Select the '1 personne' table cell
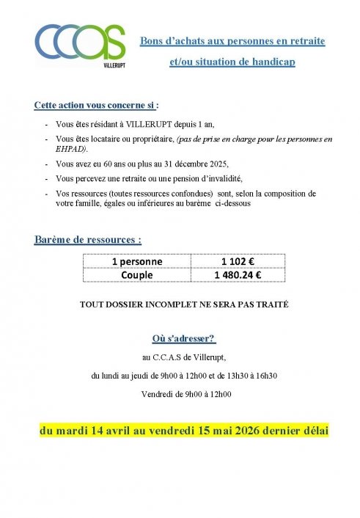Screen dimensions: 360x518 point(137,261)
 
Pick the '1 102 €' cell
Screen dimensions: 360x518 point(238,261)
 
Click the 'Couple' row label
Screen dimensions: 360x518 point(137,275)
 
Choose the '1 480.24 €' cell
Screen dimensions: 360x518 point(238,275)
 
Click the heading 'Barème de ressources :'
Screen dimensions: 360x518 point(87,239)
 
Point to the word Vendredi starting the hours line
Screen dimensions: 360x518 point(155,395)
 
